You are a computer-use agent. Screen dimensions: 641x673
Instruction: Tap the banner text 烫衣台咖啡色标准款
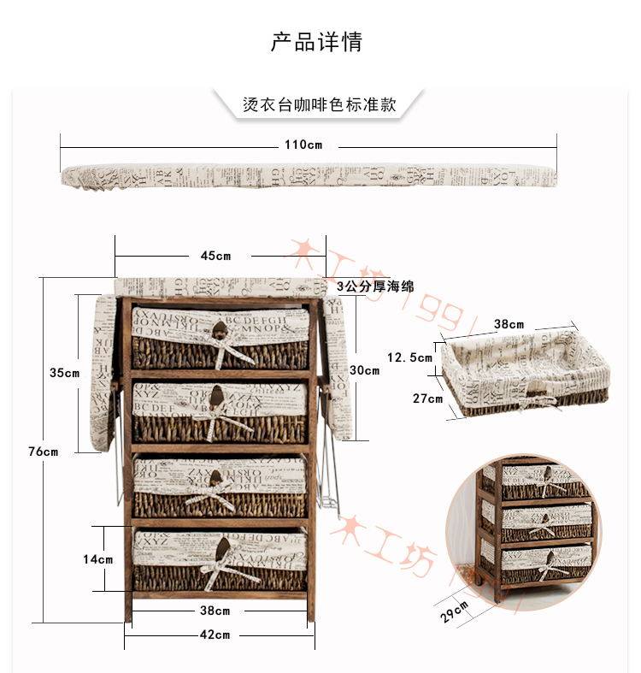tap(320, 105)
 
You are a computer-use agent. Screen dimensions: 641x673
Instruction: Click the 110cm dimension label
tap(303, 145)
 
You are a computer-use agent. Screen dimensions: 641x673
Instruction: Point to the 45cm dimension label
tap(215, 256)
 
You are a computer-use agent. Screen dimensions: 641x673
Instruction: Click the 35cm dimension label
tap(64, 372)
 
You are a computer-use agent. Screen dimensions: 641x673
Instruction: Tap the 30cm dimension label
tap(365, 370)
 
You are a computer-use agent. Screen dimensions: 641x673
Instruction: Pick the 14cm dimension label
tap(97, 559)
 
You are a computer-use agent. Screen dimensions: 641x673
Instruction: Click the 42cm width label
tap(215, 635)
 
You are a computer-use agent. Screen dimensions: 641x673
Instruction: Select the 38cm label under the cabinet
tap(215, 611)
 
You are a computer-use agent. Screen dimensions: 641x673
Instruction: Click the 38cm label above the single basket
tap(509, 325)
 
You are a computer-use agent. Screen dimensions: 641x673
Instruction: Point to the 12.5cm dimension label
tap(410, 357)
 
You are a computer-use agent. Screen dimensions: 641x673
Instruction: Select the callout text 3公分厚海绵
tap(375, 287)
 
